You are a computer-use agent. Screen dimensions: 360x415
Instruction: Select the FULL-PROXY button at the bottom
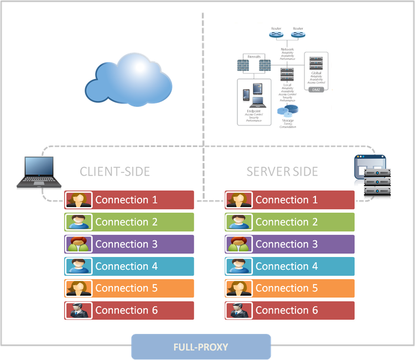(201, 347)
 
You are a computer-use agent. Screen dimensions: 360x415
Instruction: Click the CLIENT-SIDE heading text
(115, 171)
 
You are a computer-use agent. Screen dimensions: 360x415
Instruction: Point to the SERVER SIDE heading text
(282, 171)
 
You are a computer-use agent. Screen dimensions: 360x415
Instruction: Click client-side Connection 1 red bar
(129, 200)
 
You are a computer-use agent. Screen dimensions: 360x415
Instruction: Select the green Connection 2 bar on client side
(129, 222)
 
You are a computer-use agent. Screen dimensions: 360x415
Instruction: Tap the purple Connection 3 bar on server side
(289, 244)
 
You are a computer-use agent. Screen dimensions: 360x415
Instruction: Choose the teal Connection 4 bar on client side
(129, 266)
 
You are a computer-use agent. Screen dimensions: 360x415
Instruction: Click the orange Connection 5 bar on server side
(289, 289)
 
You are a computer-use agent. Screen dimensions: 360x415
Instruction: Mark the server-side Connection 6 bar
(289, 311)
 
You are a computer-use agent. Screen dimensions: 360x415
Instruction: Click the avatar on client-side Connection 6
(77, 311)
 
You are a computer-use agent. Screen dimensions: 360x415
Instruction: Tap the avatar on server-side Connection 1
(238, 200)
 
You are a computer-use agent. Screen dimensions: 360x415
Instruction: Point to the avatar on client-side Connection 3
(77, 244)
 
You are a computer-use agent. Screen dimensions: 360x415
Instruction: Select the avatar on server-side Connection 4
(238, 266)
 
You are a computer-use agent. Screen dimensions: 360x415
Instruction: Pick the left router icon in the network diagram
(274, 34)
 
